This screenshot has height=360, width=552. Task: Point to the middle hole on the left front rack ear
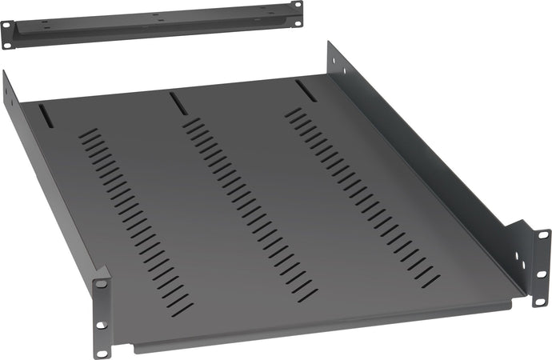tap(102, 303)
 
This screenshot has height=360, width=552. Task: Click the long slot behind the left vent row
tap(45, 116)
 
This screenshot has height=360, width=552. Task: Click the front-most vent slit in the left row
tap(182, 308)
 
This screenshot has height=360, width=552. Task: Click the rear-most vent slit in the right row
tap(296, 110)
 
